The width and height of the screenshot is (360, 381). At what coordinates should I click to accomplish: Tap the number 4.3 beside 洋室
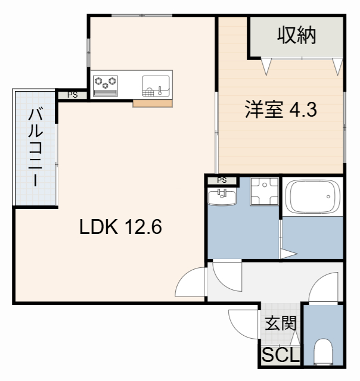(301, 110)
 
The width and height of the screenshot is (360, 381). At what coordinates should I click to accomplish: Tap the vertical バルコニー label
(34, 147)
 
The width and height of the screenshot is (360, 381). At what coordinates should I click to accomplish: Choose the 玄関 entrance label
(280, 324)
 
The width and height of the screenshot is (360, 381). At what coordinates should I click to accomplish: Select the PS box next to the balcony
(72, 94)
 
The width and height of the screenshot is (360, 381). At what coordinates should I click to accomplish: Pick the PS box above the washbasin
(222, 180)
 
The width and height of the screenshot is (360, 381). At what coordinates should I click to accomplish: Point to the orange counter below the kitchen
(153, 104)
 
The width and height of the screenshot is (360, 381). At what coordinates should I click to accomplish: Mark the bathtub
(313, 197)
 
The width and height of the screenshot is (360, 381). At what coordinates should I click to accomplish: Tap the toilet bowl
(324, 352)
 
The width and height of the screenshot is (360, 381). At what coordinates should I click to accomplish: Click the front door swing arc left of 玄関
(241, 326)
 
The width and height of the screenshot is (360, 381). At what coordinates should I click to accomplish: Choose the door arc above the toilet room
(325, 288)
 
